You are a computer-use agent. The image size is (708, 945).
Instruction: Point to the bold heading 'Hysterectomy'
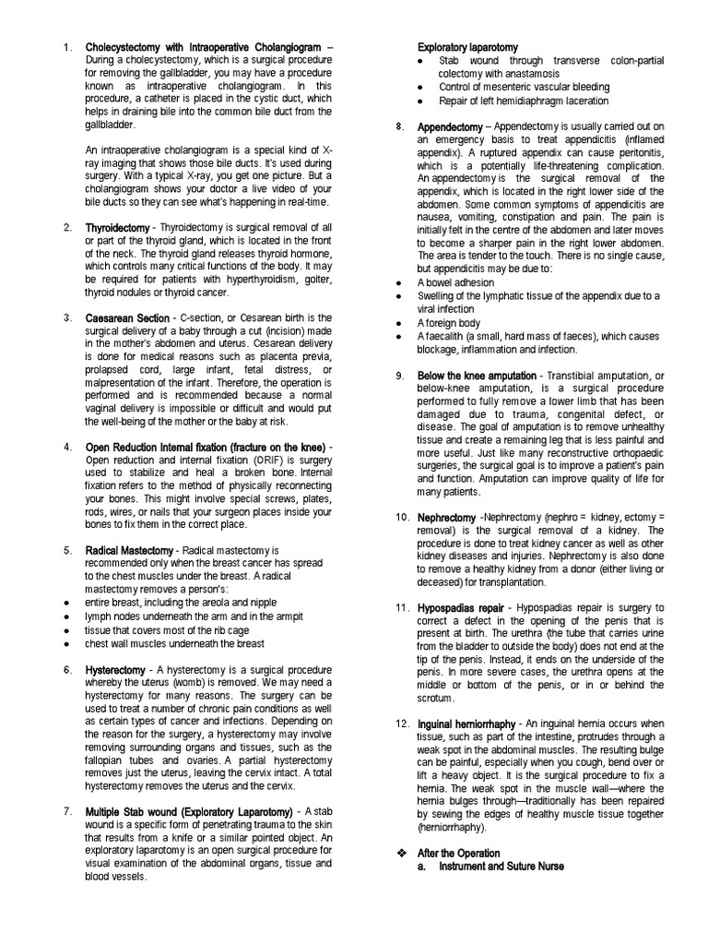[115, 669]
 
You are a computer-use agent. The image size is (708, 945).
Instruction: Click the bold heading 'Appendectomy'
[449, 126]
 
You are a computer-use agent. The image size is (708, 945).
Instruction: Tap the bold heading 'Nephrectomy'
[447, 518]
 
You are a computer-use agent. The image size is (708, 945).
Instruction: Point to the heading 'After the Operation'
[458, 853]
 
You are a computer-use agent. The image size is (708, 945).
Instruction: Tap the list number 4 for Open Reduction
[67, 448]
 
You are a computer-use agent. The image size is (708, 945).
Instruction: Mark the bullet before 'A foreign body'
[396, 324]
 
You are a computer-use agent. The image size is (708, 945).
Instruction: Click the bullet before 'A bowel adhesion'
[396, 281]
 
